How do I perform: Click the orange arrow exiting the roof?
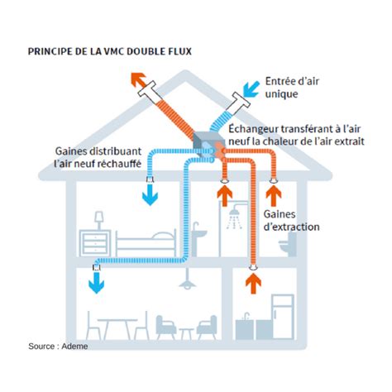click(x=137, y=80)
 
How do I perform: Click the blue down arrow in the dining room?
click(x=96, y=282)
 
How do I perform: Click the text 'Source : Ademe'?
click(x=57, y=347)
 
